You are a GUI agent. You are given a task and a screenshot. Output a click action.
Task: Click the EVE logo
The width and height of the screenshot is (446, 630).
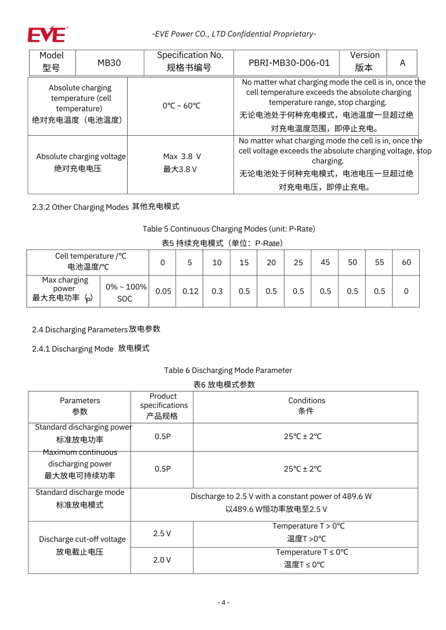coord(47,34)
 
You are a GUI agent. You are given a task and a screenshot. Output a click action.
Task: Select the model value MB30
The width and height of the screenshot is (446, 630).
coord(109,62)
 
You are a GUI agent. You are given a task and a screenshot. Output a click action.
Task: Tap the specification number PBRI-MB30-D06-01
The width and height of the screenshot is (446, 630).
coord(289,62)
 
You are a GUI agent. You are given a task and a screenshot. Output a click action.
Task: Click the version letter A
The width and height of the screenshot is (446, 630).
coord(402,62)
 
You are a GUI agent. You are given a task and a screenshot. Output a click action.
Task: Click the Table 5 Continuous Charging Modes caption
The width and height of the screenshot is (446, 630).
coord(229,229)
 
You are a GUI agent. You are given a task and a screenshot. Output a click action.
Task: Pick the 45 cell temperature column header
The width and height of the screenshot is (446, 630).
coord(325,262)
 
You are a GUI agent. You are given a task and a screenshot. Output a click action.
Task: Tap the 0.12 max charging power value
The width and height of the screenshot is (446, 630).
coord(190,291)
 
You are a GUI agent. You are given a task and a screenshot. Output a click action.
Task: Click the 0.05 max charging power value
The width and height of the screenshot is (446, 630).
coord(163,291)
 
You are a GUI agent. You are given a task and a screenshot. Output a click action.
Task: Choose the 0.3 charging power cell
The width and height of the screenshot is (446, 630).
coord(217,291)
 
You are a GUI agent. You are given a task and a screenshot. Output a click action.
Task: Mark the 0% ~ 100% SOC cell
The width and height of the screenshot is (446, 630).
coord(124,292)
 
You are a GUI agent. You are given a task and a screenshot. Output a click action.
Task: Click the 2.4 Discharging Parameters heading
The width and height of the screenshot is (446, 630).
coord(96,330)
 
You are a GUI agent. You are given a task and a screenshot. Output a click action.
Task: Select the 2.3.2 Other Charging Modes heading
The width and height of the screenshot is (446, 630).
coord(106,207)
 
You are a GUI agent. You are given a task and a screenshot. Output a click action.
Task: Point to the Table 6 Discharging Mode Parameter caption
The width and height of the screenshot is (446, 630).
coord(228,370)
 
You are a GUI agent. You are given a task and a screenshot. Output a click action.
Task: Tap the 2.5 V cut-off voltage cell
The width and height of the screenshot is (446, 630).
coord(162,533)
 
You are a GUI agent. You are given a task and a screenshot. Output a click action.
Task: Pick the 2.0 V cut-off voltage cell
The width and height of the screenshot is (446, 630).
coord(162,560)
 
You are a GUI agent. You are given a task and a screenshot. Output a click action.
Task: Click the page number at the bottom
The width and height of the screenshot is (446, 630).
coord(223,602)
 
